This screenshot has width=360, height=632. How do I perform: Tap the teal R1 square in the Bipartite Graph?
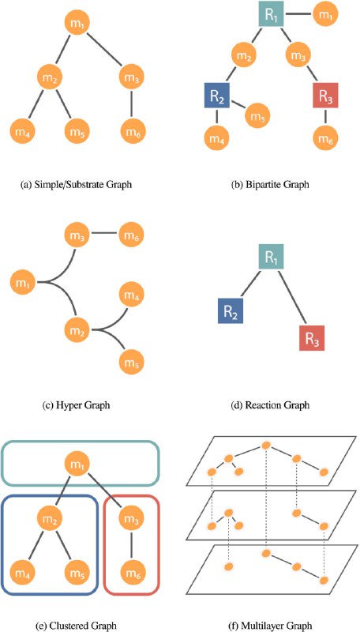click(x=272, y=14)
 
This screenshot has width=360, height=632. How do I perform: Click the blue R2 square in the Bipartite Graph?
click(x=216, y=95)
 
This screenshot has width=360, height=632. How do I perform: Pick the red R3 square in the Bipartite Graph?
click(x=325, y=95)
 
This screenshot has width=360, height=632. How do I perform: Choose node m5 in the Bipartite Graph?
click(x=257, y=114)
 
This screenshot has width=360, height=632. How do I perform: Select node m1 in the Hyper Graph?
click(x=23, y=282)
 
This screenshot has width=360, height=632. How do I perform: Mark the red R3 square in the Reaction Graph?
click(x=312, y=338)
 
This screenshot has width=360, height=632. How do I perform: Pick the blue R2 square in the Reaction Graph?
click(x=231, y=310)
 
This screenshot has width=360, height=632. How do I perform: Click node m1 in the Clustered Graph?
click(x=77, y=464)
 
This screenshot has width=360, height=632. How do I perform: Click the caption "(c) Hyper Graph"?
click(x=76, y=405)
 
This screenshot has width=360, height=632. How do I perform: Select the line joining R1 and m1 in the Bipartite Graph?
click(x=298, y=14)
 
